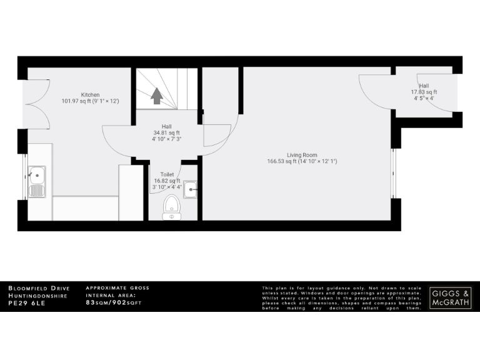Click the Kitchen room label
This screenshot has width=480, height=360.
click(90, 94)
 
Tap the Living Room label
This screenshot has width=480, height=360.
click(302, 154)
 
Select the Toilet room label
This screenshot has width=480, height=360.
click(167, 175)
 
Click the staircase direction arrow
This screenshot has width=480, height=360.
click(156, 96)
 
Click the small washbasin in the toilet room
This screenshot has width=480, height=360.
click(191, 187)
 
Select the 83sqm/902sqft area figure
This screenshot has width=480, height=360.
click(114, 302)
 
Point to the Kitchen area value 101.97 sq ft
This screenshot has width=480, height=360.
click(76, 101)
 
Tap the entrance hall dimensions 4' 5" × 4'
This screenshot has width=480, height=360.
click(424, 98)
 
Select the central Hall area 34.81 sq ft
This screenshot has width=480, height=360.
click(166, 132)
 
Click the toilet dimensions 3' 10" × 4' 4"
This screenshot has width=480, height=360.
click(167, 186)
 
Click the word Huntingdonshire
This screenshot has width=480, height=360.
click(38, 295)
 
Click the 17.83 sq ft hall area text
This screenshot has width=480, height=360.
click(424, 92)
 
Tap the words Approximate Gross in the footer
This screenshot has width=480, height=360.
click(117, 287)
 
